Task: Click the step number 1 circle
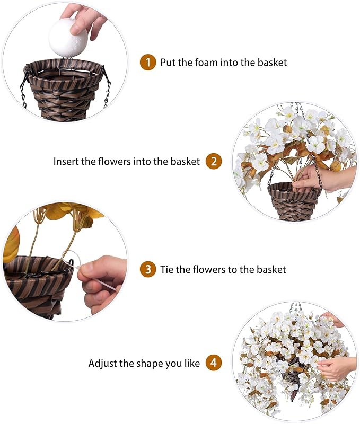[x=148, y=63]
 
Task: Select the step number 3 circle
[x=148, y=269]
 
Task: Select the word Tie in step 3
[x=168, y=269]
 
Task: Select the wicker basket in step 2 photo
[x=293, y=200]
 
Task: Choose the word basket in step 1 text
[x=270, y=63]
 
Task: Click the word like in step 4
[x=192, y=364]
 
